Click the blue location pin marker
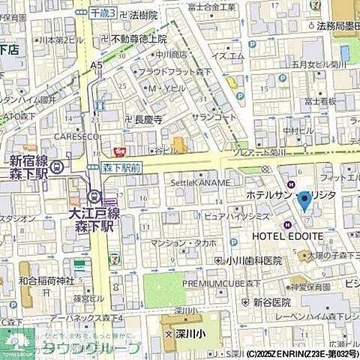pyautogui.click(x=304, y=202)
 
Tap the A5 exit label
pyautogui.click(x=97, y=65)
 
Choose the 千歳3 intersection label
pyautogui.click(x=103, y=13)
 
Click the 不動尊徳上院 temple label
pyautogui.click(x=139, y=39)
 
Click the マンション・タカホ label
pyautogui.click(x=184, y=243)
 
